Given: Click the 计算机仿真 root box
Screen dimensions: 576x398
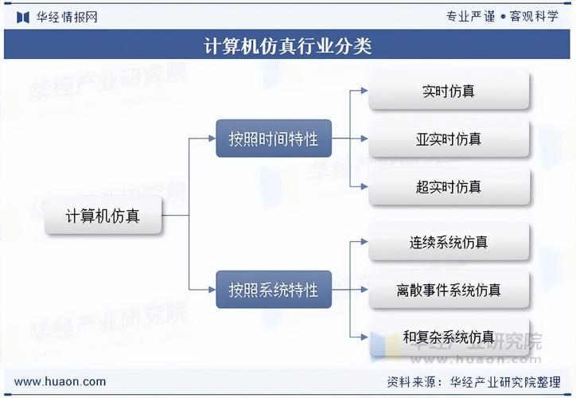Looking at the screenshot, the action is click(x=103, y=216).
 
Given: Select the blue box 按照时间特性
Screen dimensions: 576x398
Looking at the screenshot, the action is click(x=274, y=139).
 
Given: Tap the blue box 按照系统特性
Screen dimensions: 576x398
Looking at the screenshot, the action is click(x=274, y=290).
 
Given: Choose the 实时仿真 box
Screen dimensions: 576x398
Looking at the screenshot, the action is click(x=449, y=91).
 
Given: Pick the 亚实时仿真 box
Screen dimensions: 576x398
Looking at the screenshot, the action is click(x=449, y=139).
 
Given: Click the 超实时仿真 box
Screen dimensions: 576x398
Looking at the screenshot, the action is click(x=449, y=187).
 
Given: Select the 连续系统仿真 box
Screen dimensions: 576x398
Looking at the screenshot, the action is click(x=449, y=242).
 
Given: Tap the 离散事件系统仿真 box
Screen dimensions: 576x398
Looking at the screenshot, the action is click(x=449, y=290).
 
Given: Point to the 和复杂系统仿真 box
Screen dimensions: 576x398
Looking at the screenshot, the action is click(x=449, y=337).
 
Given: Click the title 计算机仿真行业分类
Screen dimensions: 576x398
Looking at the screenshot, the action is click(x=288, y=45).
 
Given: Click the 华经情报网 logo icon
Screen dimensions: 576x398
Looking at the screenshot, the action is click(x=23, y=17).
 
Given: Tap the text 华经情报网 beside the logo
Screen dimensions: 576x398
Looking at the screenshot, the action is click(x=67, y=17).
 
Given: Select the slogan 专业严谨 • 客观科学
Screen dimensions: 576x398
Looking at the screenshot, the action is click(x=502, y=16).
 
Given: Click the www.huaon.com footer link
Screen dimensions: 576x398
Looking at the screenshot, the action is click(x=60, y=381).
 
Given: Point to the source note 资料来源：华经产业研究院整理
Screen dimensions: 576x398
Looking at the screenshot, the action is click(x=474, y=382).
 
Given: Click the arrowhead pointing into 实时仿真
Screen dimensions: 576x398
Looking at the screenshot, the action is click(x=364, y=91).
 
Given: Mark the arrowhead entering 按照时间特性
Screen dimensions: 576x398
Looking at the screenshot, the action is click(x=212, y=139).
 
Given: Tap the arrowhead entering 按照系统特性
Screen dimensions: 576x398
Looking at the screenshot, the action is click(x=212, y=290).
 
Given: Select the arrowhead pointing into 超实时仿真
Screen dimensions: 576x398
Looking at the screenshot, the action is click(x=364, y=187).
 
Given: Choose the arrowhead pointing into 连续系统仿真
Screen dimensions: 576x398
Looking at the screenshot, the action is click(x=364, y=242).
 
